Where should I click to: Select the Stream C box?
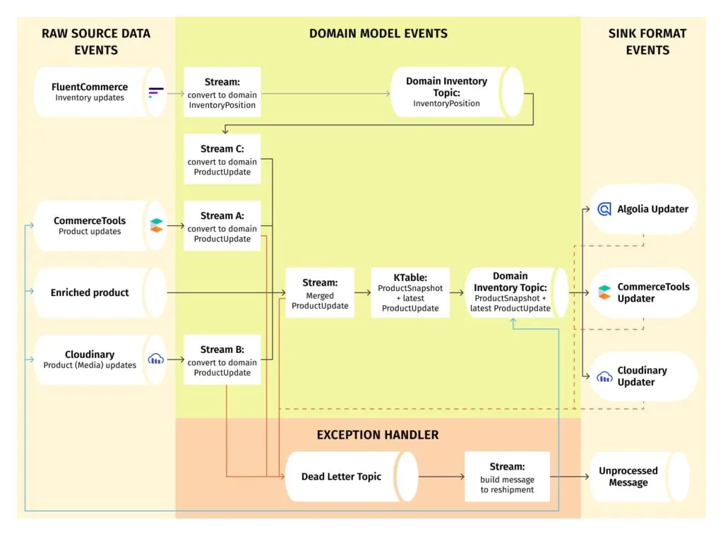pyautogui.click(x=222, y=160)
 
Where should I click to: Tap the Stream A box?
pyautogui.click(x=222, y=226)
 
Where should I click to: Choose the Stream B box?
pyautogui.click(x=222, y=360)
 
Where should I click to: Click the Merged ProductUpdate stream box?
pyautogui.click(x=319, y=293)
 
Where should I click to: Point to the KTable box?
pyautogui.click(x=410, y=293)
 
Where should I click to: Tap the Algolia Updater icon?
pyautogui.click(x=604, y=209)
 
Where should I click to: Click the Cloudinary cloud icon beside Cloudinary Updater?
pyautogui.click(x=604, y=376)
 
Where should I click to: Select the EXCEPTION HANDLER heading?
pyautogui.click(x=378, y=435)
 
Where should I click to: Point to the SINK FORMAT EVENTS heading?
pyautogui.click(x=647, y=42)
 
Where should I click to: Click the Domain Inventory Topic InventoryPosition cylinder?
pyautogui.click(x=456, y=92)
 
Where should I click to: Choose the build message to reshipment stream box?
pyautogui.click(x=506, y=477)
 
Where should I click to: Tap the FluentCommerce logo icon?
pyautogui.click(x=156, y=92)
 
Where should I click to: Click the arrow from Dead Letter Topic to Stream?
pyautogui.click(x=441, y=477)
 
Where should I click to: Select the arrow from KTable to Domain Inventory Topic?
pyautogui.click(x=457, y=292)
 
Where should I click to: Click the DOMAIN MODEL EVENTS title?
pyautogui.click(x=378, y=33)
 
